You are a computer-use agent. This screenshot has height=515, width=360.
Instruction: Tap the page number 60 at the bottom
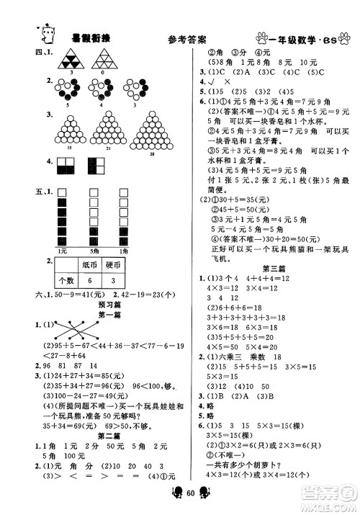(x=181, y=499)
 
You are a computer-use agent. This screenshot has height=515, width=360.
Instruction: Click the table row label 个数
(x=70, y=281)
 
